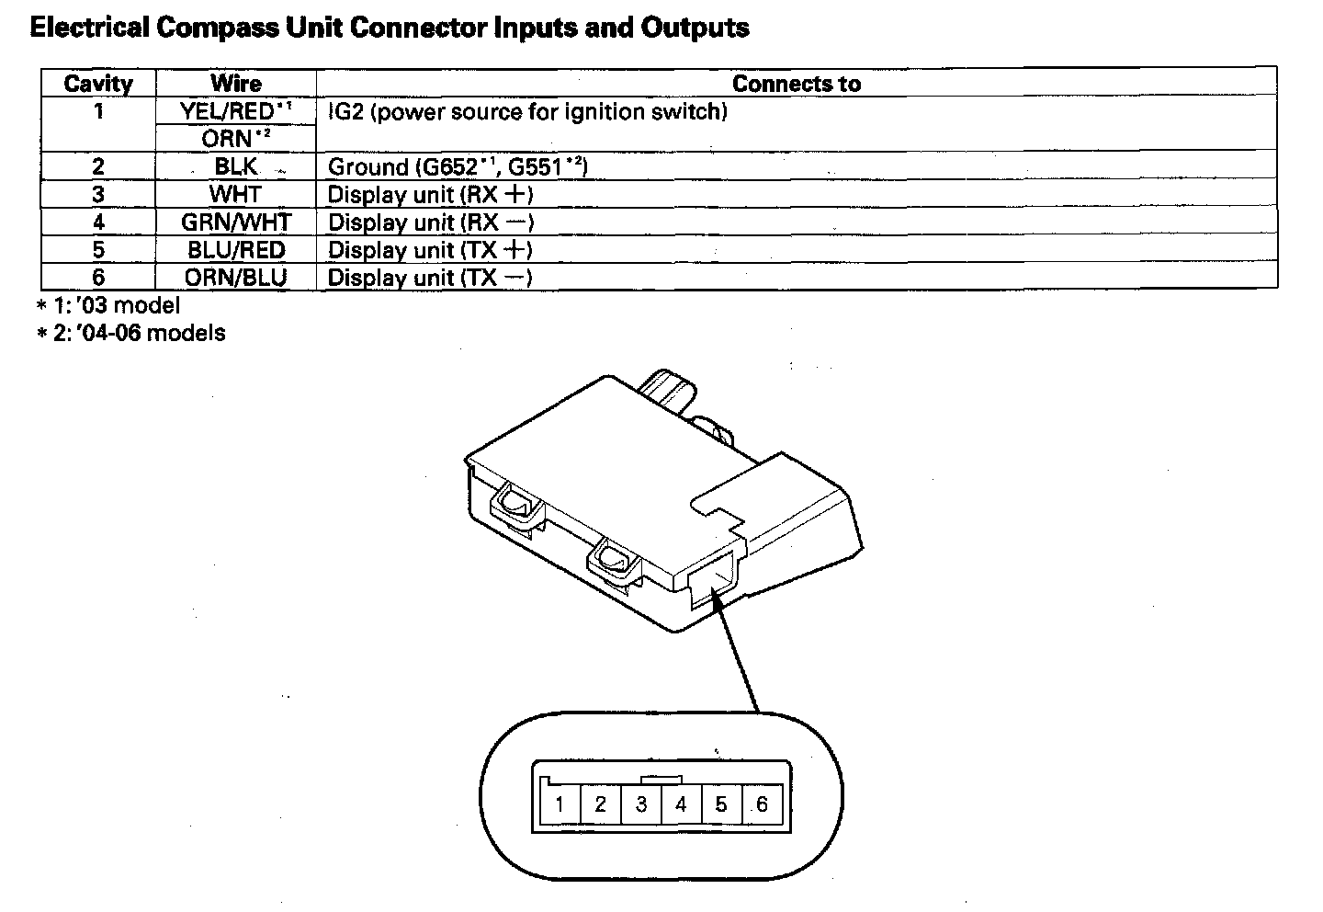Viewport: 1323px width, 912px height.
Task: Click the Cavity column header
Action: [x=98, y=84]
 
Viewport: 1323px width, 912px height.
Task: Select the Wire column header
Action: [x=236, y=84]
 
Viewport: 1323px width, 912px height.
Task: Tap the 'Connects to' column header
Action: [x=796, y=84]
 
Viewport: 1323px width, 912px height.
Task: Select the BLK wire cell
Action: [x=236, y=167]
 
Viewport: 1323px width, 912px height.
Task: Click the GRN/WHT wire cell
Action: [x=236, y=222]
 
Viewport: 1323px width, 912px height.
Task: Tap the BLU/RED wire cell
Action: [x=236, y=250]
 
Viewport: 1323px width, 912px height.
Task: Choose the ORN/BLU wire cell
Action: [x=236, y=278]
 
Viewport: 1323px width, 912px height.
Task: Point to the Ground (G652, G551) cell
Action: [x=458, y=167]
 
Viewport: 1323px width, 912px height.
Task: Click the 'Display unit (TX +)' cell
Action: [x=430, y=250]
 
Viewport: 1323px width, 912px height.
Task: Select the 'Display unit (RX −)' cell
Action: [x=430, y=222]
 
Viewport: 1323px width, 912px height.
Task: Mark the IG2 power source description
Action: [x=527, y=112]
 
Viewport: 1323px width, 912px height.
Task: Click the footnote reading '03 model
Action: [x=108, y=305]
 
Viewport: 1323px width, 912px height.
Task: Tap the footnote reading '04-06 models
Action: [x=130, y=333]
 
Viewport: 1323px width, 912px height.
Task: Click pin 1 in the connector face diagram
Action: [x=560, y=805]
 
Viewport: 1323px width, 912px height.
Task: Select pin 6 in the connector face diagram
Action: [x=762, y=805]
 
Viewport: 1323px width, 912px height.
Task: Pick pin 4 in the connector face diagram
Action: [x=681, y=805]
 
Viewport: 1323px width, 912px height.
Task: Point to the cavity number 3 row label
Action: [x=98, y=195]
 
